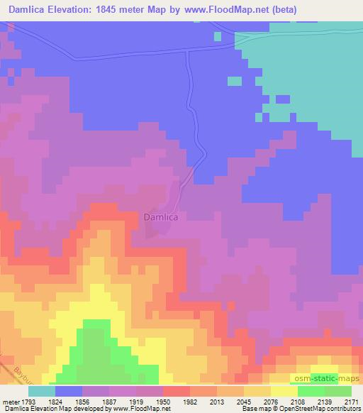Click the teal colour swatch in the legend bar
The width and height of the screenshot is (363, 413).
(42, 391)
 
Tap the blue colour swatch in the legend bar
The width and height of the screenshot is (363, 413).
(69, 391)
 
